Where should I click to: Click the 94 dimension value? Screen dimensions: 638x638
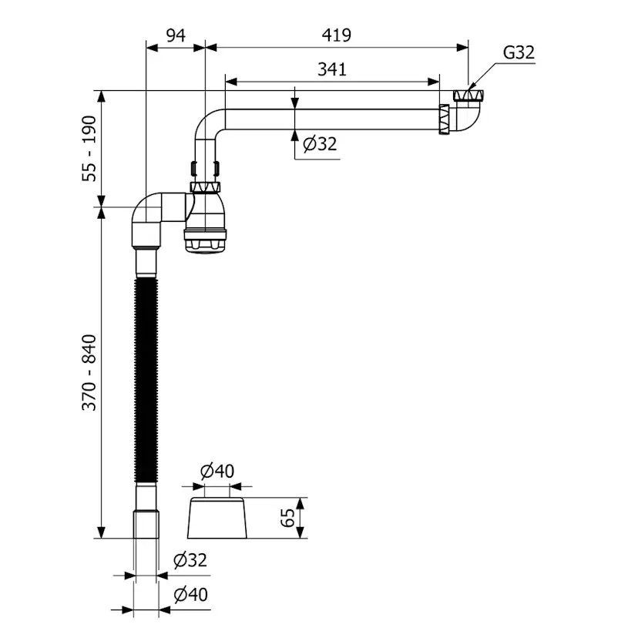pos(176,35)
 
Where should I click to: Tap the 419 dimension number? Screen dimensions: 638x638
pos(336,35)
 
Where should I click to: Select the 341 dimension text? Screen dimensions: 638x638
pos(332,69)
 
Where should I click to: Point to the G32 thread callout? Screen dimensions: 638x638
pos(519,52)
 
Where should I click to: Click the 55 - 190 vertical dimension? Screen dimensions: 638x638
pos(89,149)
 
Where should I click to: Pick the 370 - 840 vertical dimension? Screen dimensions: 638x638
pos(89,372)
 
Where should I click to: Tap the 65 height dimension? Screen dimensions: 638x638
pos(287,518)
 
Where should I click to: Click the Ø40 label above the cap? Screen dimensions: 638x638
pos(217,471)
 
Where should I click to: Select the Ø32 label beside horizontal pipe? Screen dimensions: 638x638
pos(320,144)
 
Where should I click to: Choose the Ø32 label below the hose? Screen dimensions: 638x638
pos(190,560)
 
